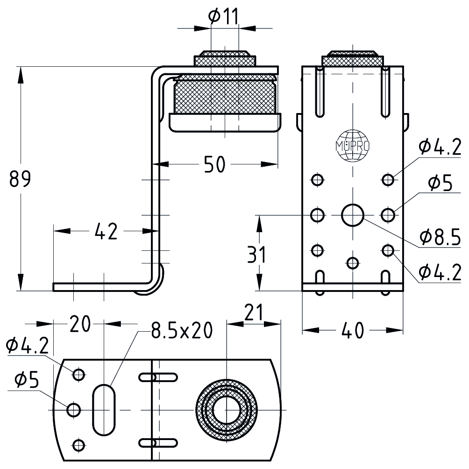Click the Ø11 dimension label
pyautogui.click(x=223, y=16)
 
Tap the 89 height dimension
pyautogui.click(x=20, y=179)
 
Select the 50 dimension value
pyautogui.click(x=215, y=164)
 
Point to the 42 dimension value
pyautogui.click(x=107, y=231)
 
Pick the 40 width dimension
pyautogui.click(x=353, y=330)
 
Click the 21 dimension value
pyautogui.click(x=253, y=312)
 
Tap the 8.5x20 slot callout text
pyautogui.click(x=182, y=331)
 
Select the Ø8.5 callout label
pyautogui.click(x=440, y=237)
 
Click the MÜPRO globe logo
pyautogui.click(x=353, y=146)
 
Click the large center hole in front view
pyautogui.click(x=353, y=215)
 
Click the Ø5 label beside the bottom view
pyautogui.click(x=27, y=381)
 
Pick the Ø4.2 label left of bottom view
pyautogui.click(x=27, y=346)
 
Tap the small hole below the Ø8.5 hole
pyautogui.click(x=353, y=263)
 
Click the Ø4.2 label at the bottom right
pyautogui.click(x=440, y=271)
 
